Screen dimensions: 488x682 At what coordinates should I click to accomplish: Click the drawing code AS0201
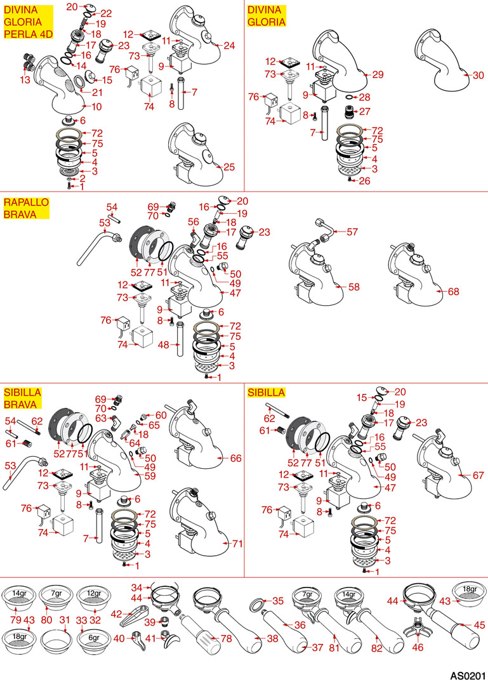tap(468, 676)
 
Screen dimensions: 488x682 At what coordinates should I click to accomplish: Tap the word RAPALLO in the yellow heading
tap(26, 202)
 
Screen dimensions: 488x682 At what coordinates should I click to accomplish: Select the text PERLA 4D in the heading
tap(29, 34)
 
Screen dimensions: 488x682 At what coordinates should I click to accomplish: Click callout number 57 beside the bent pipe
tap(352, 232)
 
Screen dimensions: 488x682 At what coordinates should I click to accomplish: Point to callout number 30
tap(478, 75)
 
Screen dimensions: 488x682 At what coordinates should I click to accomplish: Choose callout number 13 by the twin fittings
tap(25, 79)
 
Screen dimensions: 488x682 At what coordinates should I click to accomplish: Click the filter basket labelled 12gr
tap(94, 598)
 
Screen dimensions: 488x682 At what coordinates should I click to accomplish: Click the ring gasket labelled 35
tap(258, 605)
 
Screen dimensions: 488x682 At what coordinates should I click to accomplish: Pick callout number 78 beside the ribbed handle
tap(227, 638)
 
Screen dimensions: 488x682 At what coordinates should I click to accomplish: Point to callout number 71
tap(237, 543)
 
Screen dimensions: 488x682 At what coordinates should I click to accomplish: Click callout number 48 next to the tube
tap(164, 345)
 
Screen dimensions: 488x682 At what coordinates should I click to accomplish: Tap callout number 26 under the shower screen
tap(364, 181)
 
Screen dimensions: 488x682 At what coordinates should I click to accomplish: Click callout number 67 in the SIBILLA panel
tap(478, 475)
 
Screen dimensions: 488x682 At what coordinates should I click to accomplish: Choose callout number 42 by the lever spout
tap(116, 614)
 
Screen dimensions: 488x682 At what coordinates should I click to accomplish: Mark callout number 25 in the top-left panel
tap(229, 167)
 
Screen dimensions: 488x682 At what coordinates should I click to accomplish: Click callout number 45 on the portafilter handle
tap(479, 625)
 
